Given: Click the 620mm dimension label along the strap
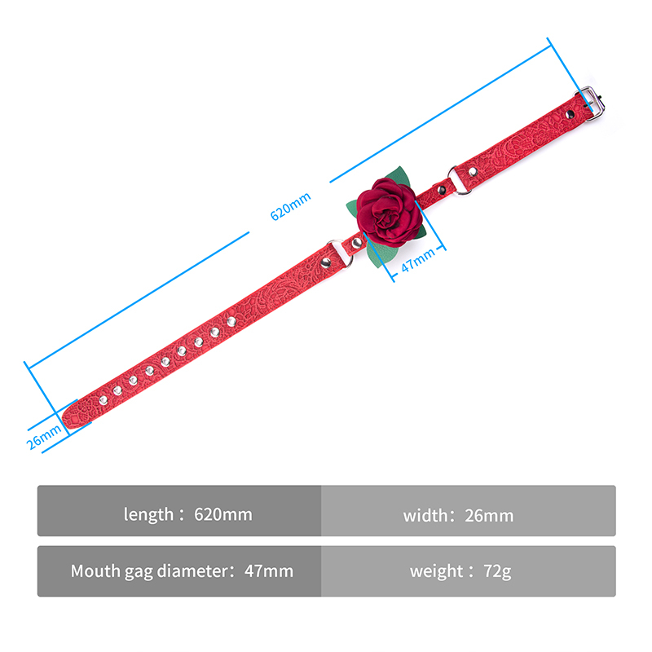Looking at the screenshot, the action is (x=290, y=206).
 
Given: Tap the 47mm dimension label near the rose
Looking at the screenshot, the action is (x=418, y=259).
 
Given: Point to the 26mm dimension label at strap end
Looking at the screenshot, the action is (x=44, y=437).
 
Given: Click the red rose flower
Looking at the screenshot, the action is (x=386, y=212).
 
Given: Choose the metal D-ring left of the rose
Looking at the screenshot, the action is (x=341, y=253).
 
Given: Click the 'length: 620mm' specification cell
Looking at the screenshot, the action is (x=179, y=511).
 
